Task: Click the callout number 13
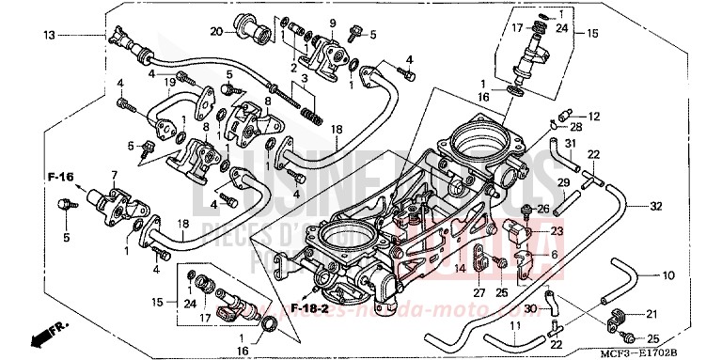coord(50,35)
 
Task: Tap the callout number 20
coord(215,32)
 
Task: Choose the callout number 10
coord(667,275)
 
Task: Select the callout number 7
coord(115,175)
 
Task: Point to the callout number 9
coord(332,22)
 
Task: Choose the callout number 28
coord(575,126)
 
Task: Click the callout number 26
coord(543,208)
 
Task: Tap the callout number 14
coord(461,269)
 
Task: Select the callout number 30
coord(529,307)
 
